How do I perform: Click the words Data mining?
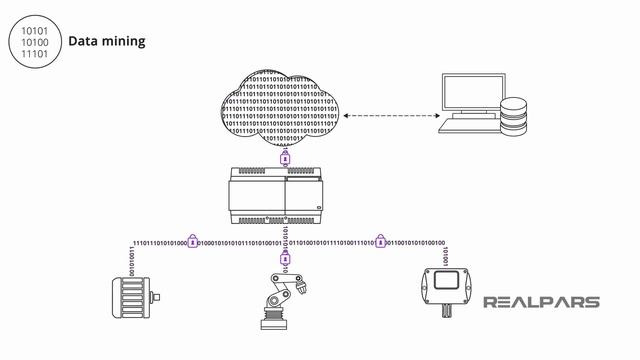coord(107,41)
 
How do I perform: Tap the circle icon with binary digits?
coord(34,41)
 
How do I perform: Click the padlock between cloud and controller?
coord(284,157)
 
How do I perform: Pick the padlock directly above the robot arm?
coord(284,258)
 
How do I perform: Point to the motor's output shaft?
coord(158,298)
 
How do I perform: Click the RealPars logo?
coord(542,302)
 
